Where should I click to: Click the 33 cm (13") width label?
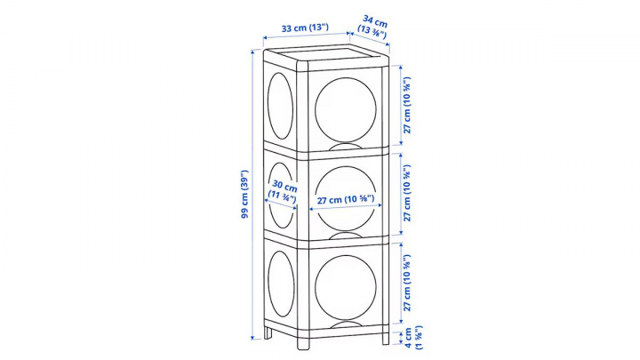coord(305,28)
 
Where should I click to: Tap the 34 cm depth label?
coord(373,26)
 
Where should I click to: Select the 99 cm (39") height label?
coord(245,194)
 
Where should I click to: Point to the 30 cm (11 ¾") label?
coord(283,191)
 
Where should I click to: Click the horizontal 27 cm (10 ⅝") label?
coord(346,200)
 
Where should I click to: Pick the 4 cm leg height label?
coord(413,338)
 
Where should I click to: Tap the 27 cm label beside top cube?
coord(407,105)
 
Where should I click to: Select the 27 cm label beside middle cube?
coord(407,193)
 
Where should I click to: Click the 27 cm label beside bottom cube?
coord(407,283)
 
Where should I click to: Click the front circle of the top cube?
coord(346,110)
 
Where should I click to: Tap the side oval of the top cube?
coord(280,106)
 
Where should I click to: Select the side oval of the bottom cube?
coord(281,284)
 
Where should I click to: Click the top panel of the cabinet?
coord(326,56)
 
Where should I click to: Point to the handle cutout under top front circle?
coord(346,147)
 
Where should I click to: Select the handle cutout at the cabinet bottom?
coord(346,325)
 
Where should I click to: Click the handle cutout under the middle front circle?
coord(346,236)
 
